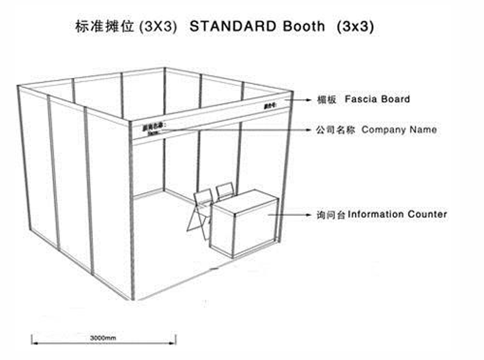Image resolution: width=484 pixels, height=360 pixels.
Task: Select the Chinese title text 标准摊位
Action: point(102,27)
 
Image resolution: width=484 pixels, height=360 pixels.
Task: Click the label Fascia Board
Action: point(378,99)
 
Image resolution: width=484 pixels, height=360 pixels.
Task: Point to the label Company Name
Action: point(399,129)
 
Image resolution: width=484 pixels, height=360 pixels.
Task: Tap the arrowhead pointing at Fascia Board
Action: point(307,100)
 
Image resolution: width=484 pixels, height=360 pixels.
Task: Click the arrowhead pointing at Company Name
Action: point(307,130)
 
